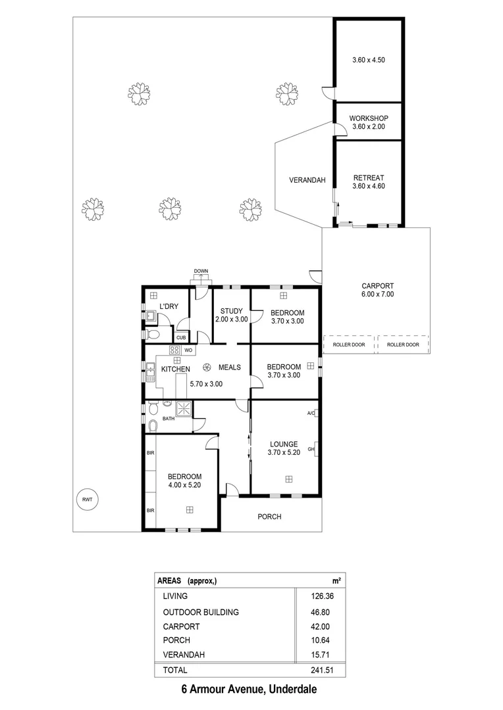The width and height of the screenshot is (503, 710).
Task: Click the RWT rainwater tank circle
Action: tap(87, 500)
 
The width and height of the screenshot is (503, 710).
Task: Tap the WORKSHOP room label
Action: tap(368, 118)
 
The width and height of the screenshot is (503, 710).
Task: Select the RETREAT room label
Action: tap(368, 178)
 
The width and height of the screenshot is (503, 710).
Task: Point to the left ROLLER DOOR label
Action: tap(349, 344)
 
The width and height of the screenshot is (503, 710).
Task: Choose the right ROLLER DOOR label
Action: tap(402, 344)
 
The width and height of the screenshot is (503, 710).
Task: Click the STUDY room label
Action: tap(232, 311)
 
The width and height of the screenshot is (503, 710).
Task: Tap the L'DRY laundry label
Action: tap(169, 306)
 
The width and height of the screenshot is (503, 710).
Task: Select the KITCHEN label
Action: tap(176, 369)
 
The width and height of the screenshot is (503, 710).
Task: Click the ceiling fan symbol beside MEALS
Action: tap(207, 367)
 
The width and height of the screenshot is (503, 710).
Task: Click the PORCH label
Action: tap(269, 517)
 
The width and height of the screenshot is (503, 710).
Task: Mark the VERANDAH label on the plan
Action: tap(307, 180)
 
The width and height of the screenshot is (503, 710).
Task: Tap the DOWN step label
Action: tap(201, 272)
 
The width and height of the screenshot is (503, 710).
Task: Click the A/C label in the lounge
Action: tap(310, 414)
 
